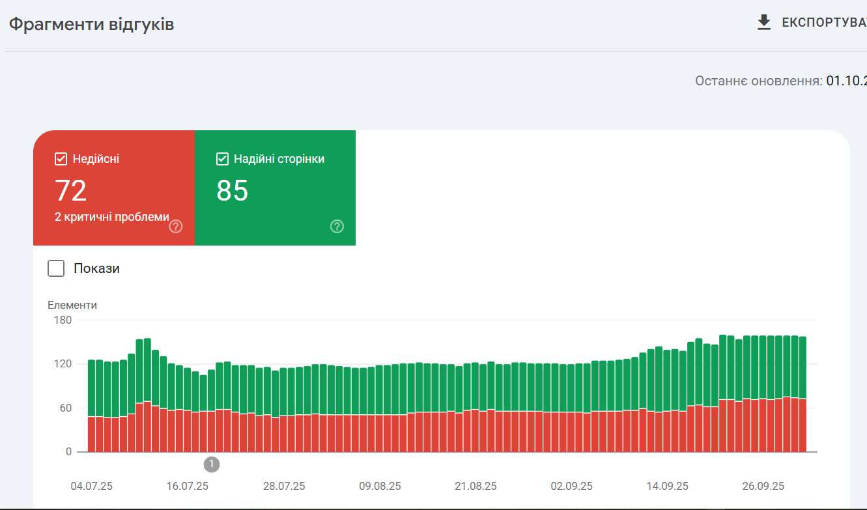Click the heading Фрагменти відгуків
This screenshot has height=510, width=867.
click(91, 24)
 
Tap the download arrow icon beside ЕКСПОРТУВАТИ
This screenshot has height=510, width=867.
click(764, 23)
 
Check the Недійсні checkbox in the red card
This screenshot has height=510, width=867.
click(61, 159)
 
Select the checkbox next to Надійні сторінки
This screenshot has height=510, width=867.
click(222, 159)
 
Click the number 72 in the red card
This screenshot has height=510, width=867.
click(71, 191)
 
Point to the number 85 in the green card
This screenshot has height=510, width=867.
click(233, 191)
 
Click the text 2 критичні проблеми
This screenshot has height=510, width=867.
click(112, 217)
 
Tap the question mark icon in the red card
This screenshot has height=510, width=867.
click(176, 227)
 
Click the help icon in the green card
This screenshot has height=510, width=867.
click(337, 227)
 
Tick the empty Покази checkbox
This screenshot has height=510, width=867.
click(56, 268)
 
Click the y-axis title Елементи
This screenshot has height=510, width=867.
click(72, 305)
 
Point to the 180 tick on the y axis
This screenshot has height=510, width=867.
click(63, 320)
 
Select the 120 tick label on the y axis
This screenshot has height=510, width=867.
click(63, 364)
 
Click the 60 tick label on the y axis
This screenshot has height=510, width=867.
click(65, 408)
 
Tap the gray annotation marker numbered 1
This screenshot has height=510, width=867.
click(212, 464)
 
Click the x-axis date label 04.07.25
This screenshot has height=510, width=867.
click(92, 486)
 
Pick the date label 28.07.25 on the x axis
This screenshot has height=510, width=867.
click(284, 486)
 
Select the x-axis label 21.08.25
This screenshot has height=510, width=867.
click(476, 486)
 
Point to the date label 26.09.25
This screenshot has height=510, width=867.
click(763, 486)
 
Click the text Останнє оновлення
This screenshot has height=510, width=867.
click(758, 81)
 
